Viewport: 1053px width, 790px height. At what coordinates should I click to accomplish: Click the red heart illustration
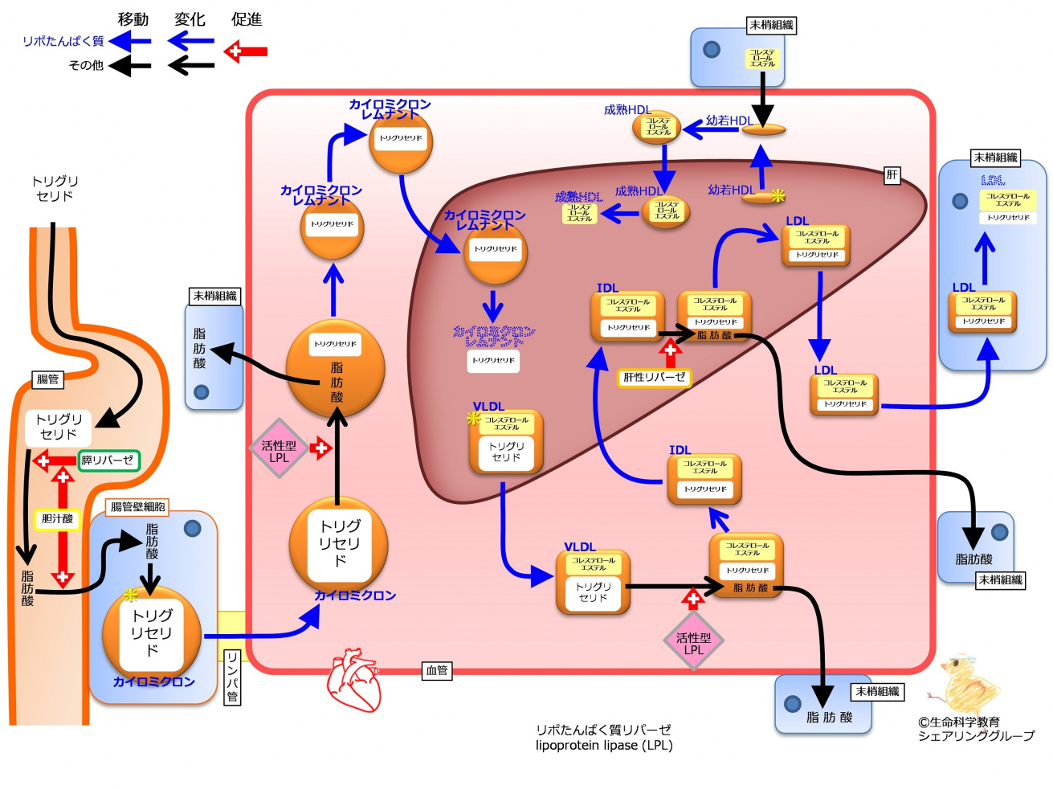pyautogui.click(x=353, y=680)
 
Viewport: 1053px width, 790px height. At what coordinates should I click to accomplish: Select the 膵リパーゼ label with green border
pyautogui.click(x=108, y=460)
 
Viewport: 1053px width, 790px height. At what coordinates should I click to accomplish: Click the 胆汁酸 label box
pyautogui.click(x=57, y=519)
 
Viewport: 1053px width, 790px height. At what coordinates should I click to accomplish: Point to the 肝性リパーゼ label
pyautogui.click(x=654, y=377)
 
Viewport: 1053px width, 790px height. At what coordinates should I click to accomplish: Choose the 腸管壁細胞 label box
pyautogui.click(x=138, y=507)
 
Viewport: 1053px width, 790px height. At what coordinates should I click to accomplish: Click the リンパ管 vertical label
pyautogui.click(x=231, y=677)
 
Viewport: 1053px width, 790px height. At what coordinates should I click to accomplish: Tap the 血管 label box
pyautogui.click(x=437, y=670)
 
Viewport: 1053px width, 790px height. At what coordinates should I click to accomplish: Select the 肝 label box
pyautogui.click(x=892, y=175)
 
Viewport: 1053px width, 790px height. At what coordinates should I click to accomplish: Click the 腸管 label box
pyautogui.click(x=48, y=379)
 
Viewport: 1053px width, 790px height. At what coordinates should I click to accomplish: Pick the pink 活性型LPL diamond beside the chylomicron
pyautogui.click(x=279, y=448)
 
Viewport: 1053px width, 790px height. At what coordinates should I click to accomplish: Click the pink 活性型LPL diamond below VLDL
pyautogui.click(x=693, y=641)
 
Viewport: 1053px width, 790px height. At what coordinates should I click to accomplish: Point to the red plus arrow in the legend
pyautogui.click(x=246, y=52)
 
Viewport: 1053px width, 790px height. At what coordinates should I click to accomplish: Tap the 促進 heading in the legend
pyautogui.click(x=247, y=19)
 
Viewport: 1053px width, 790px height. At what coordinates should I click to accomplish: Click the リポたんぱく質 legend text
pyautogui.click(x=63, y=41)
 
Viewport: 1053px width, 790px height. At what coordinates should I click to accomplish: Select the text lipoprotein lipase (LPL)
pyautogui.click(x=604, y=746)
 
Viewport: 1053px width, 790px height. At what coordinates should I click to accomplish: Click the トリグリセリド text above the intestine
pyautogui.click(x=55, y=188)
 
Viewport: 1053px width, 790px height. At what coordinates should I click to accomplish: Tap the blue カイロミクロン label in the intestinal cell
pyautogui.click(x=153, y=682)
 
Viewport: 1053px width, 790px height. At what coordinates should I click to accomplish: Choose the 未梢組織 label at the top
pyautogui.click(x=771, y=26)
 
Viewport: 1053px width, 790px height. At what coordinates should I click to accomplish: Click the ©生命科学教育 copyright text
pyautogui.click(x=958, y=722)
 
